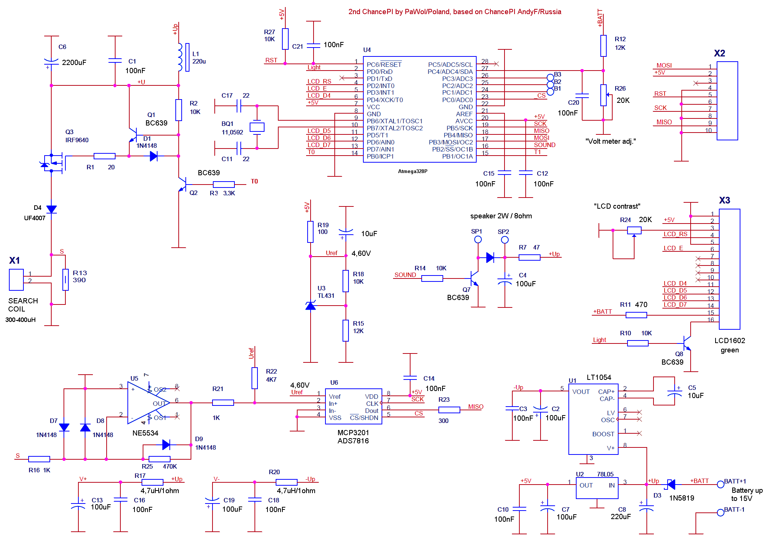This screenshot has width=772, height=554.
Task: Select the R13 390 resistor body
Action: (x=65, y=280)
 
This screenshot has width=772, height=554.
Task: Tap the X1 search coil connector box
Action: (x=16, y=280)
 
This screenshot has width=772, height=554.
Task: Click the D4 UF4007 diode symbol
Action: (x=51, y=209)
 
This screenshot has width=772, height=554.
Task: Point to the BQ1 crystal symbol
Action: (x=257, y=127)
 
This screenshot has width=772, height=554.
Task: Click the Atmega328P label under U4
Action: (x=412, y=171)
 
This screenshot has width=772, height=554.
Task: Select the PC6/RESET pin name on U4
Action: (x=384, y=64)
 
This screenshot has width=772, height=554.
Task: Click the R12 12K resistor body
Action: (x=603, y=46)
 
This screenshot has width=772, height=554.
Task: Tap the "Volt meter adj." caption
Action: (x=610, y=141)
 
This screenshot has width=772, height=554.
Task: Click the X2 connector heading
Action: (x=719, y=53)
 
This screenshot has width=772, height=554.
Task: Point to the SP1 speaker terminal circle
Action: (x=478, y=239)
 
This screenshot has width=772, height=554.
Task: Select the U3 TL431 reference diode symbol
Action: (x=311, y=306)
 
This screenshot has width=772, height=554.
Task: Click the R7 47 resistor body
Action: (x=529, y=257)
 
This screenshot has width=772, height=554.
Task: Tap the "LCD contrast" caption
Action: (x=617, y=206)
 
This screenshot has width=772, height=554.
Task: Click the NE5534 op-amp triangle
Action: (x=149, y=403)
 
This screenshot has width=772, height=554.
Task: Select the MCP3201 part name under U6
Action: (x=353, y=433)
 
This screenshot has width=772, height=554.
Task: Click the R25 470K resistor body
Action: (x=159, y=459)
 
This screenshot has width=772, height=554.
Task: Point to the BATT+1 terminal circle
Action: (x=720, y=484)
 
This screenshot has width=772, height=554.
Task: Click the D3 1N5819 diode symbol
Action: (x=671, y=484)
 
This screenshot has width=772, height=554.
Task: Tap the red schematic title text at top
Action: (x=455, y=12)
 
